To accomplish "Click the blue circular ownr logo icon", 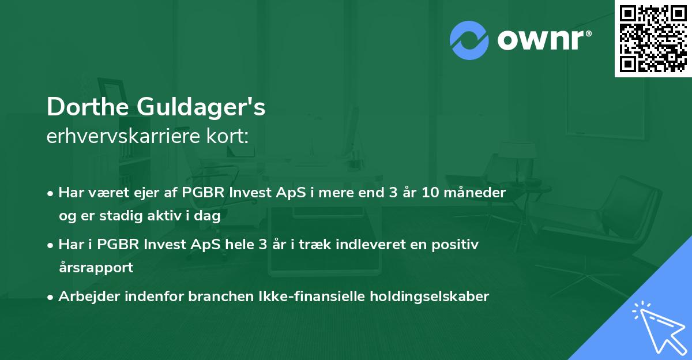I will point(469,40).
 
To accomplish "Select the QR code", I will point(653,38).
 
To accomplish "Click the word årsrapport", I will point(96,268).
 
